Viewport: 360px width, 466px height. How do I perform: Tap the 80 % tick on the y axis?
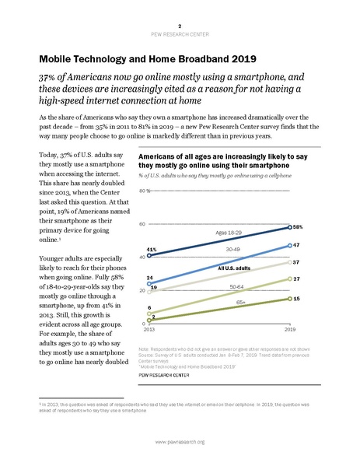145,191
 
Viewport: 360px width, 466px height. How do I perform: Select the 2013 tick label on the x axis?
149,329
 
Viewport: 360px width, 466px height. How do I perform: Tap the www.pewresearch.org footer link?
180,442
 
